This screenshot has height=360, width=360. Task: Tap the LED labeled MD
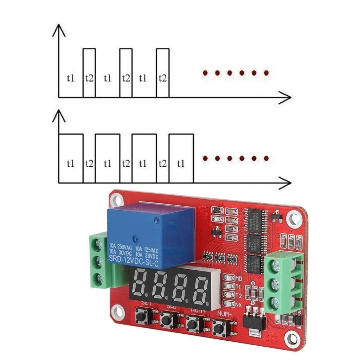(230, 278)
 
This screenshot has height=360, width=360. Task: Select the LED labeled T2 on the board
(230, 295)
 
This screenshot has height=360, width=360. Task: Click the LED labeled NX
(229, 303)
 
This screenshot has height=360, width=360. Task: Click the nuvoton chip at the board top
(256, 220)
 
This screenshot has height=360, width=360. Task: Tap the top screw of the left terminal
(98, 244)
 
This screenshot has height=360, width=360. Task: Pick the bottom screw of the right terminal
(274, 302)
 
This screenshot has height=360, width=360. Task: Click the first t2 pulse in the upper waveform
(89, 73)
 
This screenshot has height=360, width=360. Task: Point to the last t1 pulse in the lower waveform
(181, 158)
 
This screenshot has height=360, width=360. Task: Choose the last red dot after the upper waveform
(266, 73)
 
